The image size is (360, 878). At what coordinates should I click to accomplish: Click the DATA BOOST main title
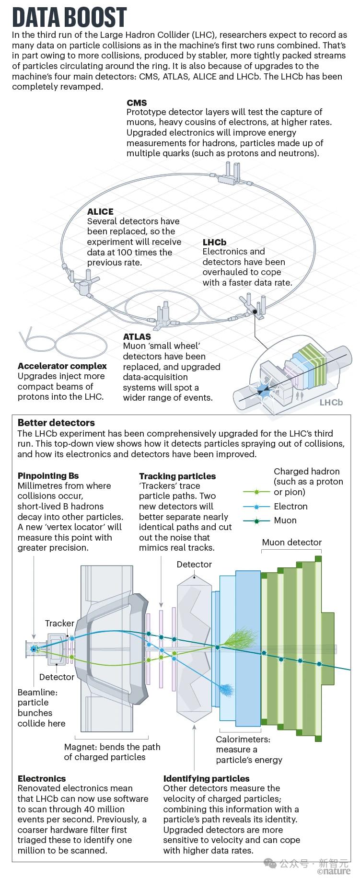click(70, 18)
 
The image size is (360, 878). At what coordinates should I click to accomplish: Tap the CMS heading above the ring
click(137, 103)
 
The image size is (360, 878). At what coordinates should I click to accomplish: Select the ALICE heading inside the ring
click(100, 211)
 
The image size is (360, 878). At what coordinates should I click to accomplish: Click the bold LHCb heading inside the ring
click(214, 242)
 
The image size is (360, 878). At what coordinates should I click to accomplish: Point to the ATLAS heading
click(137, 336)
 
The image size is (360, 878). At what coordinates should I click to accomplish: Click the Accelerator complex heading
click(62, 366)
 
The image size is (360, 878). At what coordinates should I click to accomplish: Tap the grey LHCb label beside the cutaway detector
click(331, 402)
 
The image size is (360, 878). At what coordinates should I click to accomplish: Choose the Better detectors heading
click(56, 423)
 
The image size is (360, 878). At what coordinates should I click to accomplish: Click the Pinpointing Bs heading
click(48, 476)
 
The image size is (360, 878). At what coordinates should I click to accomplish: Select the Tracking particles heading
click(177, 476)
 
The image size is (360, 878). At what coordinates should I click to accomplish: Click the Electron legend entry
click(290, 507)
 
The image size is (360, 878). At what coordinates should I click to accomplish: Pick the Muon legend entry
click(285, 520)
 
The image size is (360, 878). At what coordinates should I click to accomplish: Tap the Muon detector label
click(292, 543)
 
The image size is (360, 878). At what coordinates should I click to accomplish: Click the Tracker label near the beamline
click(59, 624)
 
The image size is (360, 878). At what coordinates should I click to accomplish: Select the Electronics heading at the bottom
click(42, 779)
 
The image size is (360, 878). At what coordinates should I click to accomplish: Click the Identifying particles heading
click(207, 779)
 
